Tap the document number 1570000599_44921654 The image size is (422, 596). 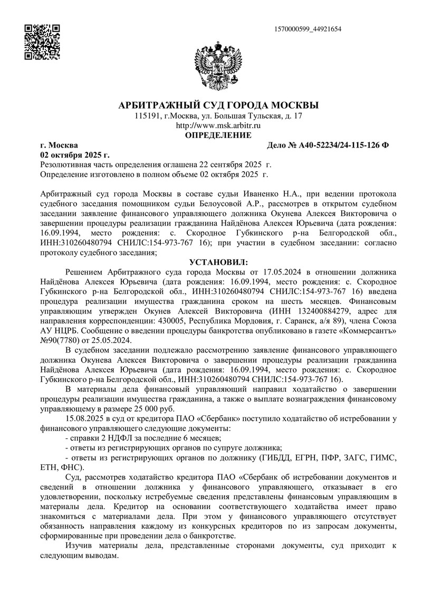tap(308, 28)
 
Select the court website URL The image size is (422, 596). tap(218, 125)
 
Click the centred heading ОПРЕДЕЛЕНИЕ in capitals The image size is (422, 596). tap(218, 135)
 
